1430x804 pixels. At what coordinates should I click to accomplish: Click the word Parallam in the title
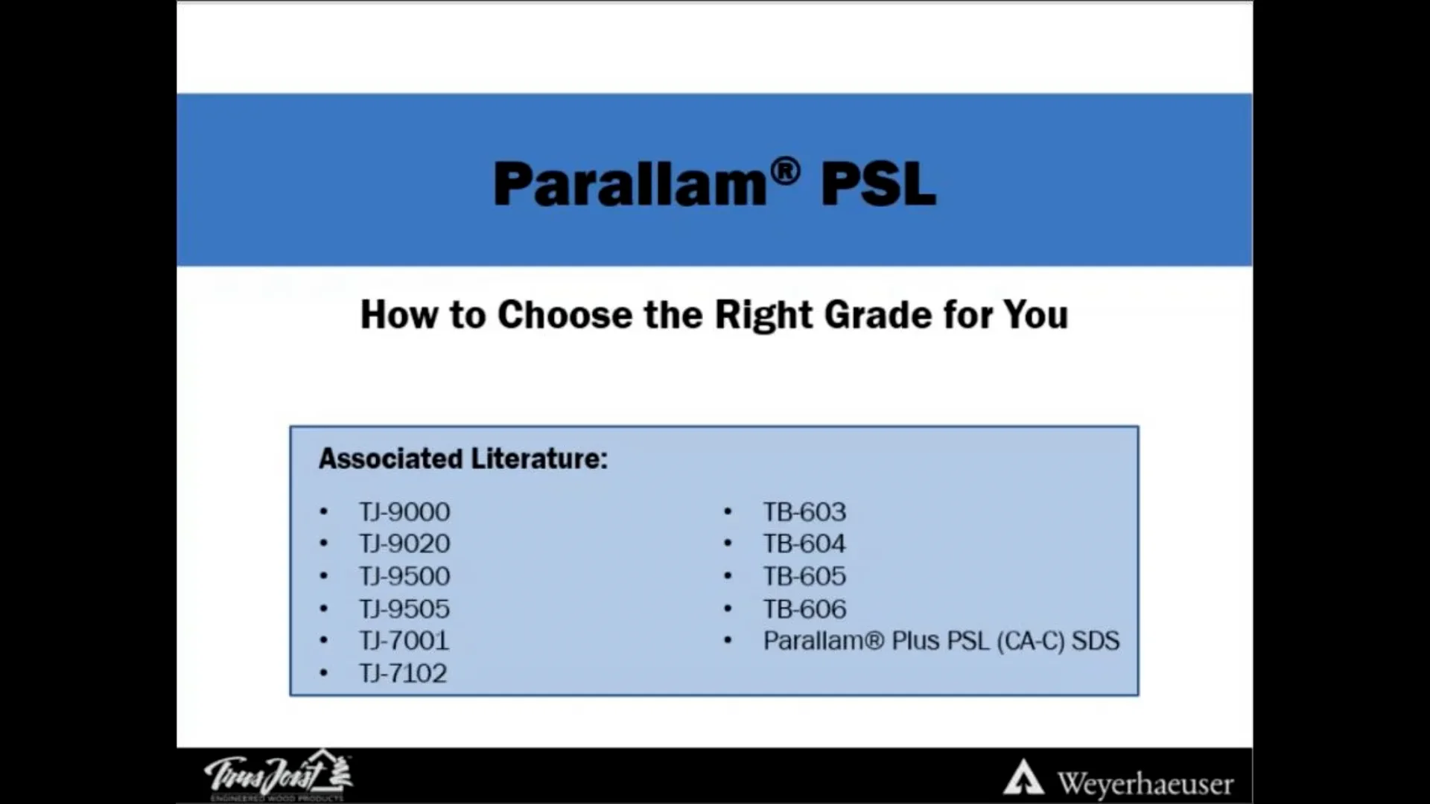[629, 184]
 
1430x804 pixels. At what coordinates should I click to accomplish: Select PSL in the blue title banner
[878, 184]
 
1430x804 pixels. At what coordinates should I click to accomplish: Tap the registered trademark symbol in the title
[785, 171]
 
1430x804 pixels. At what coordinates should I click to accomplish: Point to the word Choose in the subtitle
[565, 314]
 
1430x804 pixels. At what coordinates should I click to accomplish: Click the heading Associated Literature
[463, 459]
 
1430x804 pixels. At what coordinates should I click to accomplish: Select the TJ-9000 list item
[404, 512]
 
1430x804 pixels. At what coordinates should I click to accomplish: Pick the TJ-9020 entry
[404, 544]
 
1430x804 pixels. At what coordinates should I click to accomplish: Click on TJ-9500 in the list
[404, 576]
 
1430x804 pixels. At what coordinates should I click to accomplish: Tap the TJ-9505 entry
[404, 609]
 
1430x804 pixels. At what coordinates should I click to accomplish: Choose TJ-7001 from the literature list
[404, 641]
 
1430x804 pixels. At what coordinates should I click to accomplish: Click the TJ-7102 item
[403, 674]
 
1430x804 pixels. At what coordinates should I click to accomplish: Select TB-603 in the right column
[804, 512]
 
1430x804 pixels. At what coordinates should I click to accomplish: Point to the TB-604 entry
[804, 544]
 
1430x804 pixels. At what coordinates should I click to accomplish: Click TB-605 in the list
[804, 576]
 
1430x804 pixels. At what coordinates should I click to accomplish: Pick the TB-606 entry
[804, 609]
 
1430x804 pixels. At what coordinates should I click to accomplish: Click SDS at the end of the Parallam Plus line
[1095, 641]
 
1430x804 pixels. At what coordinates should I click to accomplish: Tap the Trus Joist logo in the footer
[278, 776]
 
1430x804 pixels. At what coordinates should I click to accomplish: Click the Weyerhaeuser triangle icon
[1023, 779]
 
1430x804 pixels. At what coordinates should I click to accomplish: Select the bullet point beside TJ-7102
[323, 674]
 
